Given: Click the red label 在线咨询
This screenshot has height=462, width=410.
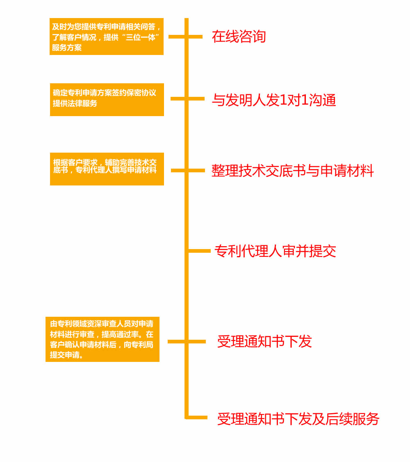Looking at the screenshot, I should tap(239, 37).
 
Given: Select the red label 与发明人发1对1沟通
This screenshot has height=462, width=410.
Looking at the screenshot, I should tap(274, 100).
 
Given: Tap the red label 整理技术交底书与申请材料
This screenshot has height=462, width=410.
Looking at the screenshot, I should tap(293, 171).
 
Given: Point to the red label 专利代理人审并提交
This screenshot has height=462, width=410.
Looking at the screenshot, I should tap(275, 251).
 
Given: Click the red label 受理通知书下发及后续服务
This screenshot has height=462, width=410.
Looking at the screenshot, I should tap(298, 419).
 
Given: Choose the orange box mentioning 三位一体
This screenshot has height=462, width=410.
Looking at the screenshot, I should tap(107, 37).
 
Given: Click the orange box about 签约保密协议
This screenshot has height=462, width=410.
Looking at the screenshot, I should tap(107, 100).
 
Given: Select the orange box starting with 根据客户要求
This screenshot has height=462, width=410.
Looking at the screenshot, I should tap(107, 169).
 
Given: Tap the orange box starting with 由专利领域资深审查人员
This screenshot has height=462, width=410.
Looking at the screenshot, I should tap(102, 339).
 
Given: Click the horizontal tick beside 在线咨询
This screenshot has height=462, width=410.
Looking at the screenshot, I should tap(185, 37).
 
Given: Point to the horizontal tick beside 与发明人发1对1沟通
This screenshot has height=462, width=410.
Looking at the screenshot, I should tap(187, 98).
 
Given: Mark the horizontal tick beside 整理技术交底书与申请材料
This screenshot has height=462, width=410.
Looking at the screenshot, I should tap(188, 170).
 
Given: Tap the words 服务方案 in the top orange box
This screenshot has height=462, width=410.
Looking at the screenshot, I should tap(67, 48).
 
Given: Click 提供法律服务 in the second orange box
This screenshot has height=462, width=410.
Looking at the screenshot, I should tap(75, 103).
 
